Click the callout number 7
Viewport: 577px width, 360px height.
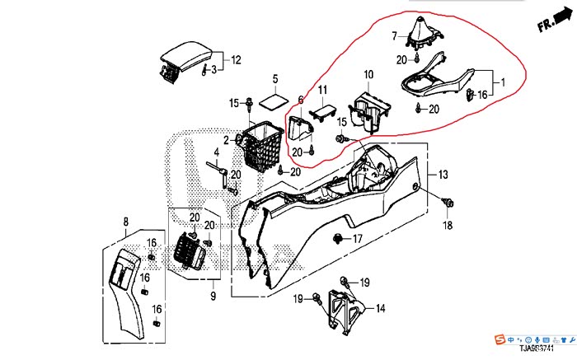[x=394, y=35]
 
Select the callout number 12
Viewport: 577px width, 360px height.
[x=236, y=59]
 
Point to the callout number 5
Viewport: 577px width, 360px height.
[x=275, y=79]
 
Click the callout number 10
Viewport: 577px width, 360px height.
[x=368, y=75]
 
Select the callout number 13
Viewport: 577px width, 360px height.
[x=443, y=174]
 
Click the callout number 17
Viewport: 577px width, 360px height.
[x=358, y=239]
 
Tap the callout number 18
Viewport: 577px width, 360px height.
[x=448, y=225]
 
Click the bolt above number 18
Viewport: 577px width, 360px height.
[x=448, y=202]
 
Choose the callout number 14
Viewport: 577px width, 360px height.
[x=380, y=308]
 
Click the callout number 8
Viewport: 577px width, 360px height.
[x=126, y=221]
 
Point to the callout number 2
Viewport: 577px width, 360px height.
[x=226, y=141]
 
